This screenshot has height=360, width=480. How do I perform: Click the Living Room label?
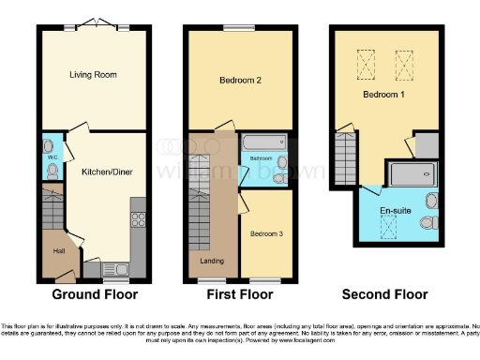[92, 73]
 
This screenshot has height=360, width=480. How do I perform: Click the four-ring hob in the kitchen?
[138, 220]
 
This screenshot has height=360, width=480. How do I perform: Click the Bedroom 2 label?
[240, 81]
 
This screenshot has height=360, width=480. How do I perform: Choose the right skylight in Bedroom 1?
[405, 65]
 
